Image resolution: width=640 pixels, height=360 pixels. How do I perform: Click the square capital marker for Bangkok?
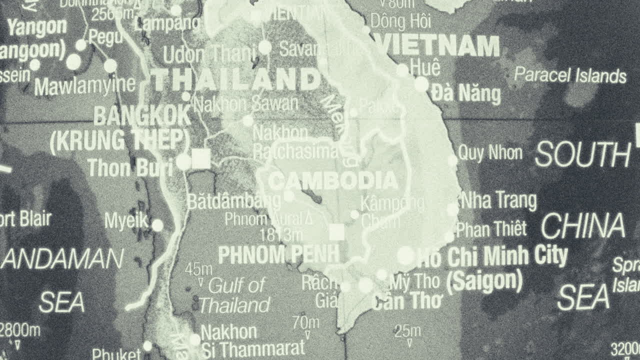click(201, 159)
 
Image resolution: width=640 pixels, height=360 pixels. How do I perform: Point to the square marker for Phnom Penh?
click(337, 232)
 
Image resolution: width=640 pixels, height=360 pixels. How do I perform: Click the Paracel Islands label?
click(570, 75)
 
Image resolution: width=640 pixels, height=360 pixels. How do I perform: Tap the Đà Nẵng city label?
click(465, 93)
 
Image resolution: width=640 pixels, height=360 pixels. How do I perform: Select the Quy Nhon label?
click(490, 153)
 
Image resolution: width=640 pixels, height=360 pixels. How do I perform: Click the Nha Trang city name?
click(498, 200)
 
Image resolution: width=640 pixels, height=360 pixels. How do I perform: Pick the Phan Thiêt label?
click(491, 229)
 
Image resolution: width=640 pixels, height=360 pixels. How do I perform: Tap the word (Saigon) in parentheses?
click(484, 281)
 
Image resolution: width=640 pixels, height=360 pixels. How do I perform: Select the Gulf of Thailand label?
click(235, 295)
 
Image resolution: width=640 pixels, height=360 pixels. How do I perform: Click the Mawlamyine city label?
click(84, 86)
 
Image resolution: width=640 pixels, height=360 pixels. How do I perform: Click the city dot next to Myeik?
click(157, 225)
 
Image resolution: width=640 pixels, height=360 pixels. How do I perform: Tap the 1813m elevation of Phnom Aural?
click(281, 234)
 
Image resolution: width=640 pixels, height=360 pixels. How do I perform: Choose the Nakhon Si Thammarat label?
click(252, 340)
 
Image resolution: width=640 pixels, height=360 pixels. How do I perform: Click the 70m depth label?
click(306, 322)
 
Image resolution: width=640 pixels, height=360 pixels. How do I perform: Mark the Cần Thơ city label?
click(407, 301)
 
